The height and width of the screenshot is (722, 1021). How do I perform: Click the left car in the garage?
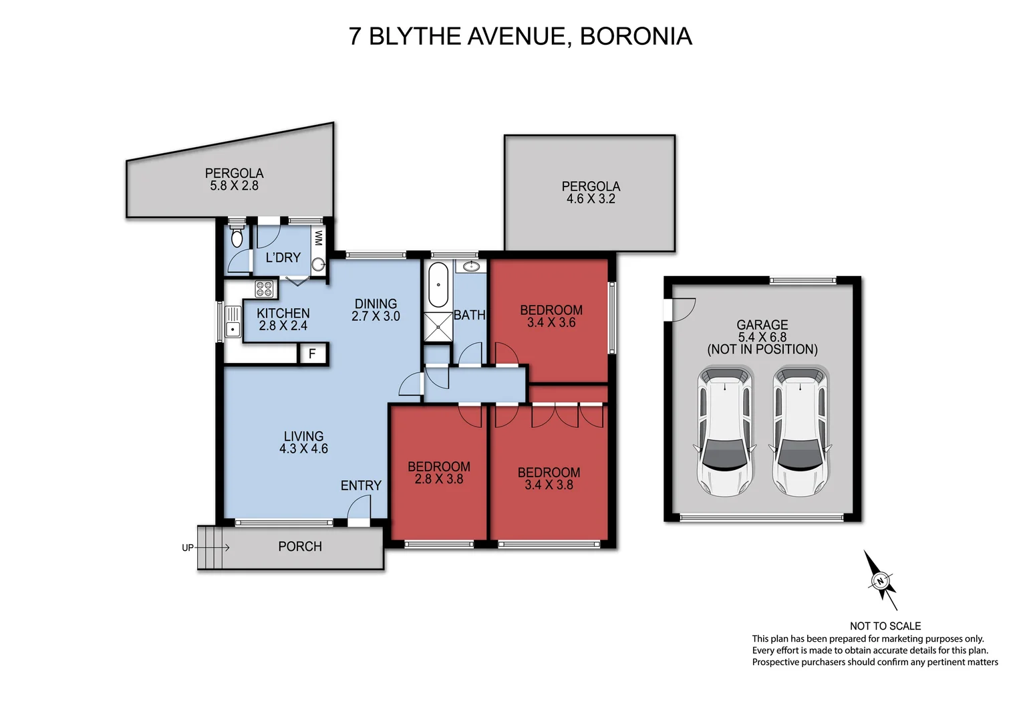(725, 431)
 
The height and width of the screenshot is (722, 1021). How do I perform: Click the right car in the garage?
(800, 431)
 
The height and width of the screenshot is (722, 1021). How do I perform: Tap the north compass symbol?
(881, 580)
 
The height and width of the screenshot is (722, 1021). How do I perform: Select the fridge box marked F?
(312, 354)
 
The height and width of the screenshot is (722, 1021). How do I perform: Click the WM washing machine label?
(319, 238)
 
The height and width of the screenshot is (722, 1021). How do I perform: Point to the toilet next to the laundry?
(237, 237)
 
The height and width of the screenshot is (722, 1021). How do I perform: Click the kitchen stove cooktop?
(264, 289)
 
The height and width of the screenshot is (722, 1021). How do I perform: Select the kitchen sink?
(233, 322)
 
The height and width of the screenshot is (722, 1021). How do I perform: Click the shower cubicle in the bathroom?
(438, 327)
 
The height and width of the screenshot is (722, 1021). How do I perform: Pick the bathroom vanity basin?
(471, 266)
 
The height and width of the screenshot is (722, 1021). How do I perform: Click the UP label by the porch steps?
(188, 548)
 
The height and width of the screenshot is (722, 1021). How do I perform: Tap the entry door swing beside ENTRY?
(359, 510)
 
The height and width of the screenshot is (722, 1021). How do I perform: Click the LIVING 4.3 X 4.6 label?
(303, 443)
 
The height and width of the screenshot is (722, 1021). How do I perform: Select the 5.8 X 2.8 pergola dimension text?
(234, 186)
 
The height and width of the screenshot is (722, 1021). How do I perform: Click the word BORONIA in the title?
(635, 36)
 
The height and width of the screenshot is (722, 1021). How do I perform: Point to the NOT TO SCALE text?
(885, 626)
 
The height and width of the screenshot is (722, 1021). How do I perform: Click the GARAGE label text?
(762, 325)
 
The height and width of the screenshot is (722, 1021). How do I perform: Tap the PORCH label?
(300, 546)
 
